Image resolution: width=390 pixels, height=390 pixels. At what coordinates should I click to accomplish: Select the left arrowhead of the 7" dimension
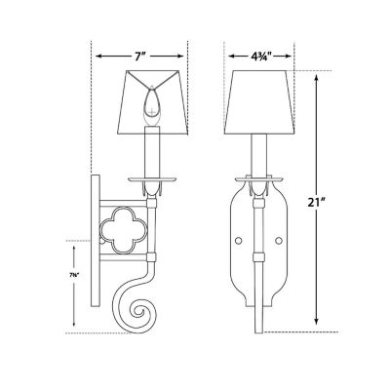pos(97,56)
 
